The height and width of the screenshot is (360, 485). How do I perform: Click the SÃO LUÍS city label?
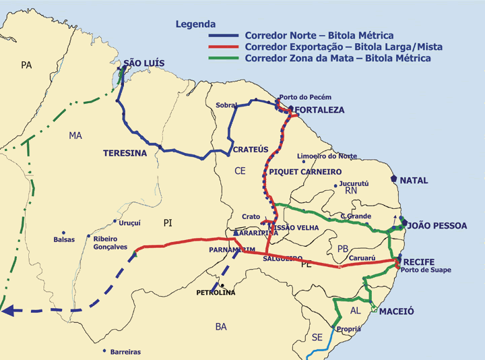[143, 64]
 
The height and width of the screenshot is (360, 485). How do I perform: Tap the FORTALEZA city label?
[320, 110]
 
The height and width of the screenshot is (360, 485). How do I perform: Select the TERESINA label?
[125, 153]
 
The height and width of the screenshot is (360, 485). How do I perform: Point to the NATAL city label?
[414, 181]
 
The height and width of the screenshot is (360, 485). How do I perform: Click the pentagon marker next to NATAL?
[393, 179]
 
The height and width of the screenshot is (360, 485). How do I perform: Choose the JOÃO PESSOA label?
[437, 225]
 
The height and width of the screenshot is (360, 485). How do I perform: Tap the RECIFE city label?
[419, 262]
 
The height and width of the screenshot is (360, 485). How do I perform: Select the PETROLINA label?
[216, 293]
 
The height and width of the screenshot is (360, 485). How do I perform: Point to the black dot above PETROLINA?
[222, 285]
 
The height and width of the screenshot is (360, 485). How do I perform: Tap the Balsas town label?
[64, 239]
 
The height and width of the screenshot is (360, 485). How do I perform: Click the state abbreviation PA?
[26, 65]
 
